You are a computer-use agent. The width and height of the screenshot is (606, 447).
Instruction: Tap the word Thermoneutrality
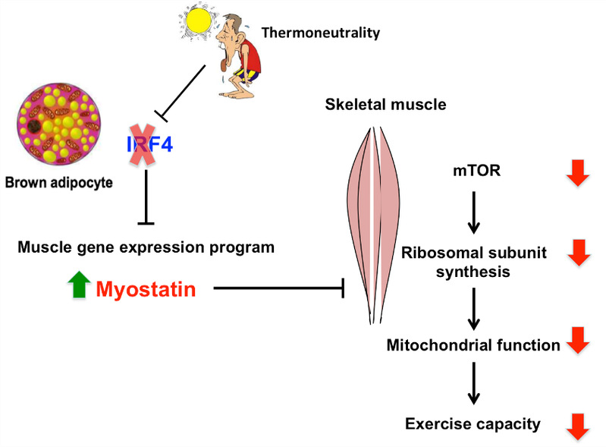tap(320, 33)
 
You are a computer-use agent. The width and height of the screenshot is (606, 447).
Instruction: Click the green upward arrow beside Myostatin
tap(77, 288)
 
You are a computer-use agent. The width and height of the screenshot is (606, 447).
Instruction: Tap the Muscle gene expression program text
tap(146, 247)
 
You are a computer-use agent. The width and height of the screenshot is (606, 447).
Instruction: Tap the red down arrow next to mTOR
tap(578, 174)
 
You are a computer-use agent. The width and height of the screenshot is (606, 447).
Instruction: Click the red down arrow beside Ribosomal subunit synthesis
tap(578, 252)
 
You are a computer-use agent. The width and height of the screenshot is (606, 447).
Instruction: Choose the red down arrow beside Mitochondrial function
tap(578, 342)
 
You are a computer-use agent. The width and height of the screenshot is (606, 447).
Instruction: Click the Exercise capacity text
tap(473, 423)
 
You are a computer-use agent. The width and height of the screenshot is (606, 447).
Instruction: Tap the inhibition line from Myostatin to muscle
tap(281, 288)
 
